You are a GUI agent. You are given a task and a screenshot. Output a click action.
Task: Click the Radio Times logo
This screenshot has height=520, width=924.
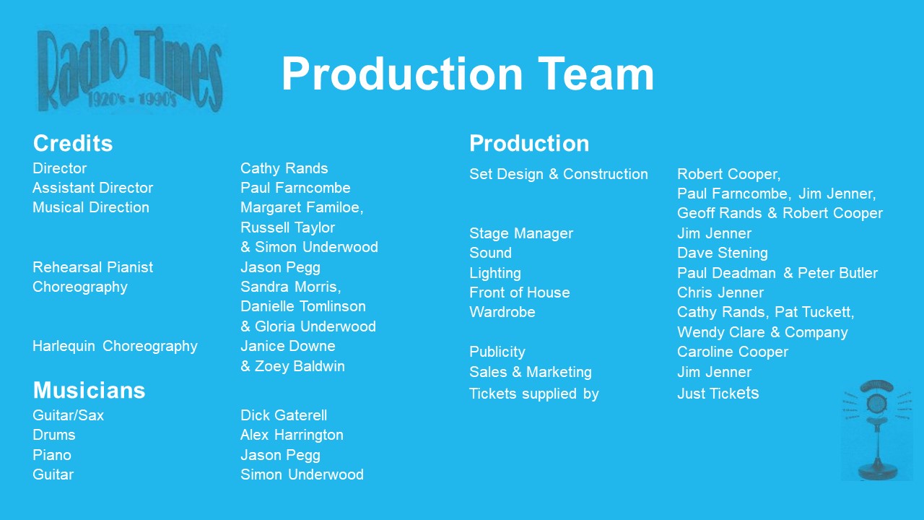point(130,69)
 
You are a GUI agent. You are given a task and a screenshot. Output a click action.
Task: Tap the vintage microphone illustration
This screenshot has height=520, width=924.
point(877,430)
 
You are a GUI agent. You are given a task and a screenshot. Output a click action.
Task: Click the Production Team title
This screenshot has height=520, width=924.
point(467,74)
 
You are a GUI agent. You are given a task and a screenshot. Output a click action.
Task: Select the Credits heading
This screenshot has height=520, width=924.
point(73,143)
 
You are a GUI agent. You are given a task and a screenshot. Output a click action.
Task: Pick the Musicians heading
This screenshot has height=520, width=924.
point(89,390)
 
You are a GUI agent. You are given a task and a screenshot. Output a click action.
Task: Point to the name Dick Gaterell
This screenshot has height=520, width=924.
point(284,415)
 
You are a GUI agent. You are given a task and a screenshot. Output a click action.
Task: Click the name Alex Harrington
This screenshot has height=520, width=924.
point(292,435)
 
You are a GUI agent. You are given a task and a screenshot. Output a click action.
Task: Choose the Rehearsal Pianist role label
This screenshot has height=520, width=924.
point(93,267)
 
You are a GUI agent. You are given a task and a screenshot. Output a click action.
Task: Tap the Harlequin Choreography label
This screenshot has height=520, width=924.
point(115,346)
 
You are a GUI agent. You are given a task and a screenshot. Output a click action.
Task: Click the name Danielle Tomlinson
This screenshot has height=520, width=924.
point(303,306)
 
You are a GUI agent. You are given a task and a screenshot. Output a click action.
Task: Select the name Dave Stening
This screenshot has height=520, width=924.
point(723,253)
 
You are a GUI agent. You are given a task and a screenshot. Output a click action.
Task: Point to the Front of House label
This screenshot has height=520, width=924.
point(519,292)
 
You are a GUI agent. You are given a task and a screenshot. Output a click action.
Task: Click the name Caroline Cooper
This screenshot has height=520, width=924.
point(733,352)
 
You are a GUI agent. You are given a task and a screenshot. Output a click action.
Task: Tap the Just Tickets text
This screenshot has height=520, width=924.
point(718,394)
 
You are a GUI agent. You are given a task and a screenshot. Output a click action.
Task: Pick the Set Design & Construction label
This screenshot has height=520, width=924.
point(559,174)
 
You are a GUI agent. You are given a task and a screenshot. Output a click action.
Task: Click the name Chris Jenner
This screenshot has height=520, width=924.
point(720,292)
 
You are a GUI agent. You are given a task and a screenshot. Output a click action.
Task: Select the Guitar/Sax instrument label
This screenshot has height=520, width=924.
point(68,415)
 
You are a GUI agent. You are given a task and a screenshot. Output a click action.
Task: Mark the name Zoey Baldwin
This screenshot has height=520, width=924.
point(300,366)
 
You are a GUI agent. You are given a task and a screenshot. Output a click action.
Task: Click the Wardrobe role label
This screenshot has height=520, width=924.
point(502,312)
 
